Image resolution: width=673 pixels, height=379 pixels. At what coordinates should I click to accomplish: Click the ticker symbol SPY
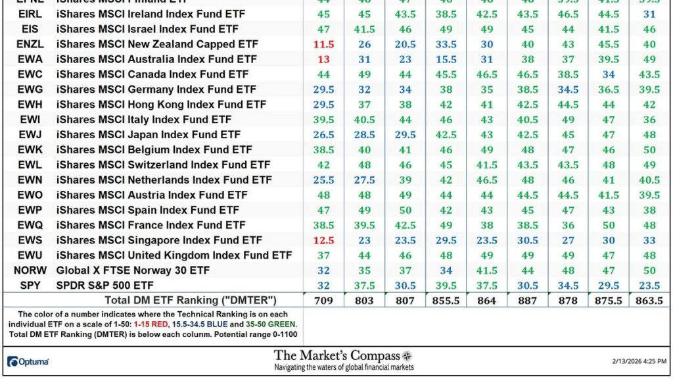click(x=29, y=286)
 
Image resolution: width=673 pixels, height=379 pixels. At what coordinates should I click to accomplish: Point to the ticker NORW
click(x=29, y=270)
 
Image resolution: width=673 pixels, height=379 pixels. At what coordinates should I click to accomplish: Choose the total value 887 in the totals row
click(x=528, y=301)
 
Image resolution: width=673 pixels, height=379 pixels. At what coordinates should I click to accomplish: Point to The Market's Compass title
click(x=336, y=355)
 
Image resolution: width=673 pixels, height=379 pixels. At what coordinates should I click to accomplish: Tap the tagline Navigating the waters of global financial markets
click(x=344, y=367)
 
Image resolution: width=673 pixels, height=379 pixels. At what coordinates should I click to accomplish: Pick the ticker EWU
click(x=29, y=255)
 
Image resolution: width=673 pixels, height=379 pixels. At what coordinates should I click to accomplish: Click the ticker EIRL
click(x=29, y=14)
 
